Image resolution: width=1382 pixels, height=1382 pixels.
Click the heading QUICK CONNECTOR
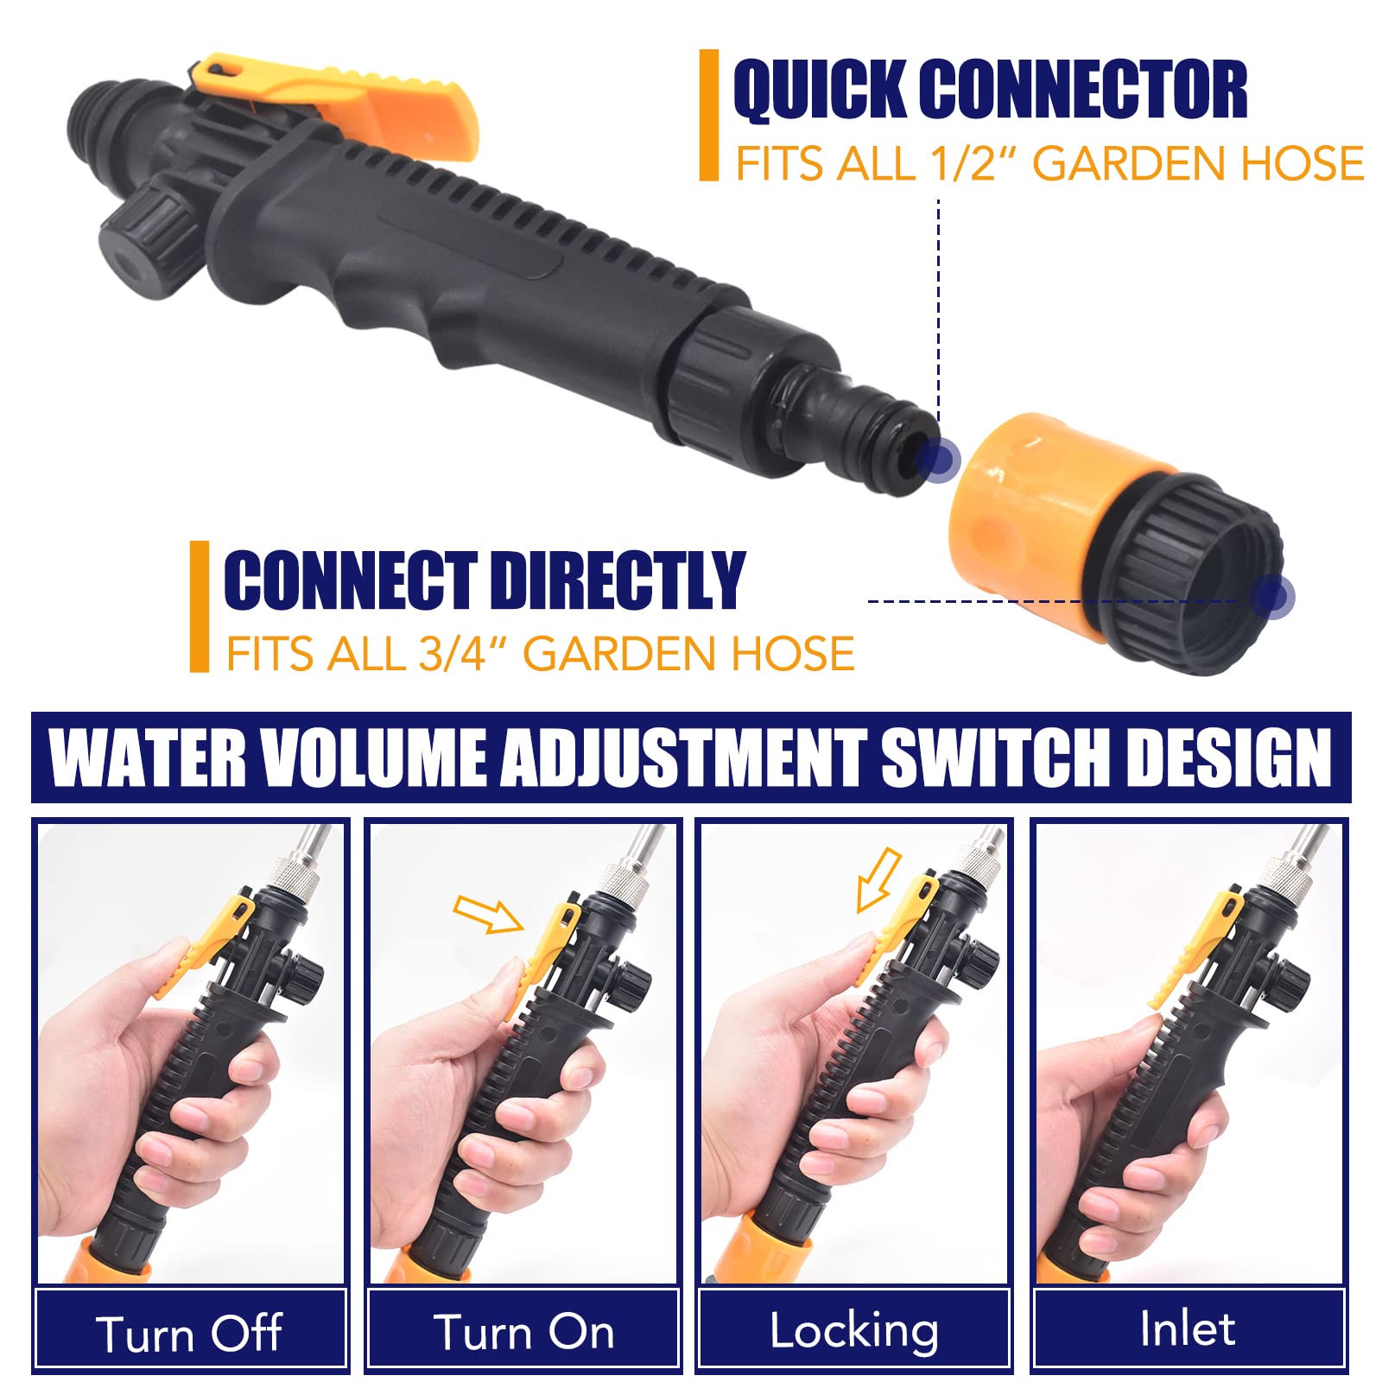coord(990,89)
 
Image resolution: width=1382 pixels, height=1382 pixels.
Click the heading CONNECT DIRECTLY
coord(484,580)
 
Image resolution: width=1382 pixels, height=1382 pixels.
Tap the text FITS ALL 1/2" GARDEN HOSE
coord(1049,163)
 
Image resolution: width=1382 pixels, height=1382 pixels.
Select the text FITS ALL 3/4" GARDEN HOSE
coord(540,653)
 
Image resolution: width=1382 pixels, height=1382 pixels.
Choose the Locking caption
coord(853,1331)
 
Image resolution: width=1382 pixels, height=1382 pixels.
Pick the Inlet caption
coord(1187,1328)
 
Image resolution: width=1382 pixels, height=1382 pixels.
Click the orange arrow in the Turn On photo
coord(488,914)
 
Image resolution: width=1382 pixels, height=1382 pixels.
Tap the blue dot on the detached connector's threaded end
coord(1272,595)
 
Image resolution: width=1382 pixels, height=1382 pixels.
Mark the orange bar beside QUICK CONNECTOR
coord(708,115)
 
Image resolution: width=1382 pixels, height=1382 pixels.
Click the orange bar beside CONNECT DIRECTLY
coord(200,606)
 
